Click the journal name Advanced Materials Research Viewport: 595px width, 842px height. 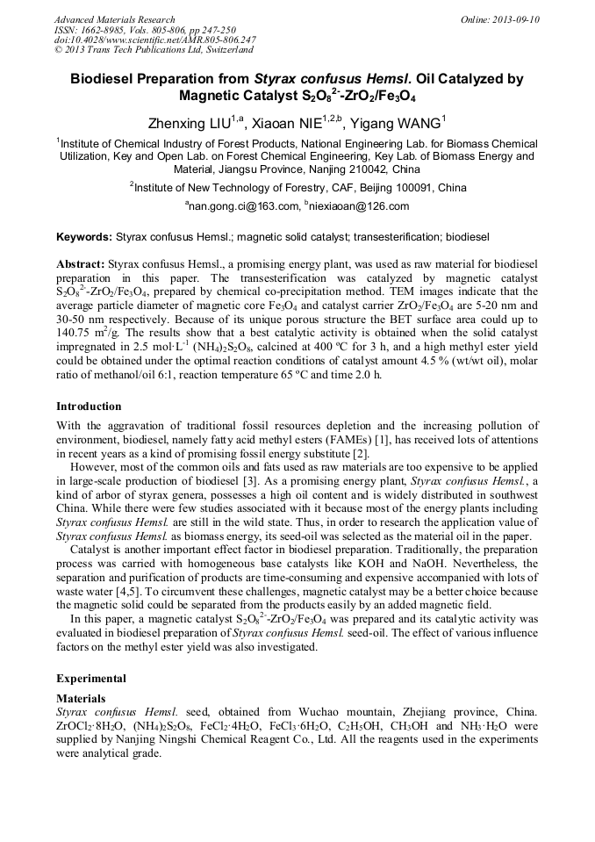114,19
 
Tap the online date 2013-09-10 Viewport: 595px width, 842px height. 517,19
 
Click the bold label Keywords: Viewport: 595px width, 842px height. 84,237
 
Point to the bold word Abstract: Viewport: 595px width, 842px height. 81,264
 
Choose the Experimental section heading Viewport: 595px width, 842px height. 91,679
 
